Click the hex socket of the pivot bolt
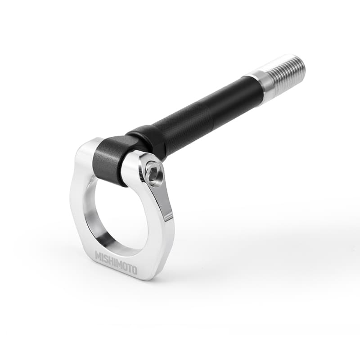pos(153,174)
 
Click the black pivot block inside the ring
pos(110,160)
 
